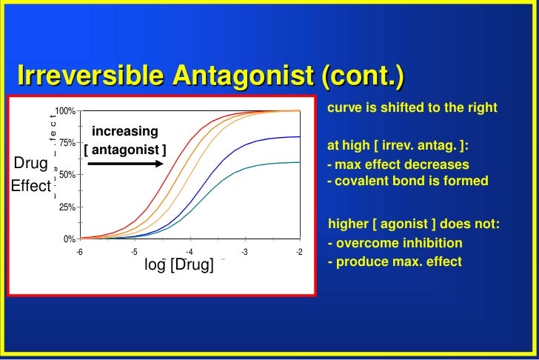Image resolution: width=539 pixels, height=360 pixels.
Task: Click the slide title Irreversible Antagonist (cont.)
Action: point(212,76)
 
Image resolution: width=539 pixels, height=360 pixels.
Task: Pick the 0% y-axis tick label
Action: point(68,239)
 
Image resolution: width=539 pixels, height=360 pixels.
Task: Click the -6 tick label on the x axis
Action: point(80,252)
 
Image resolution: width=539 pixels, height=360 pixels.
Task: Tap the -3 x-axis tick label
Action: point(244,252)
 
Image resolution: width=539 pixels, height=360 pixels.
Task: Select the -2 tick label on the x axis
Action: point(299,252)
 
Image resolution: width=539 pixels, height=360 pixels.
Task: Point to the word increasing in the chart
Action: point(125,131)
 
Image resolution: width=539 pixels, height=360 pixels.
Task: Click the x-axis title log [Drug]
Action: point(178,265)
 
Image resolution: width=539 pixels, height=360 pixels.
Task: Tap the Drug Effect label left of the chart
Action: point(30,174)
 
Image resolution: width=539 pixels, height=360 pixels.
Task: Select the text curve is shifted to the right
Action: point(412,107)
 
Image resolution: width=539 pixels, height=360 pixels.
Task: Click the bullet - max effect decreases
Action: point(398,164)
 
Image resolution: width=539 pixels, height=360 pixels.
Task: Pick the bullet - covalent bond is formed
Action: point(407,181)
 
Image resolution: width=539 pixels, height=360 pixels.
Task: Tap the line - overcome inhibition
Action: point(395,243)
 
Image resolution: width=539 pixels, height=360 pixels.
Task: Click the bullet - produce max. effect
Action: point(394,261)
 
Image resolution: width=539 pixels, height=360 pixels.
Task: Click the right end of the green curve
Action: point(299,161)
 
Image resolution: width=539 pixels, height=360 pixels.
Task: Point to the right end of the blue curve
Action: point(299,136)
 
